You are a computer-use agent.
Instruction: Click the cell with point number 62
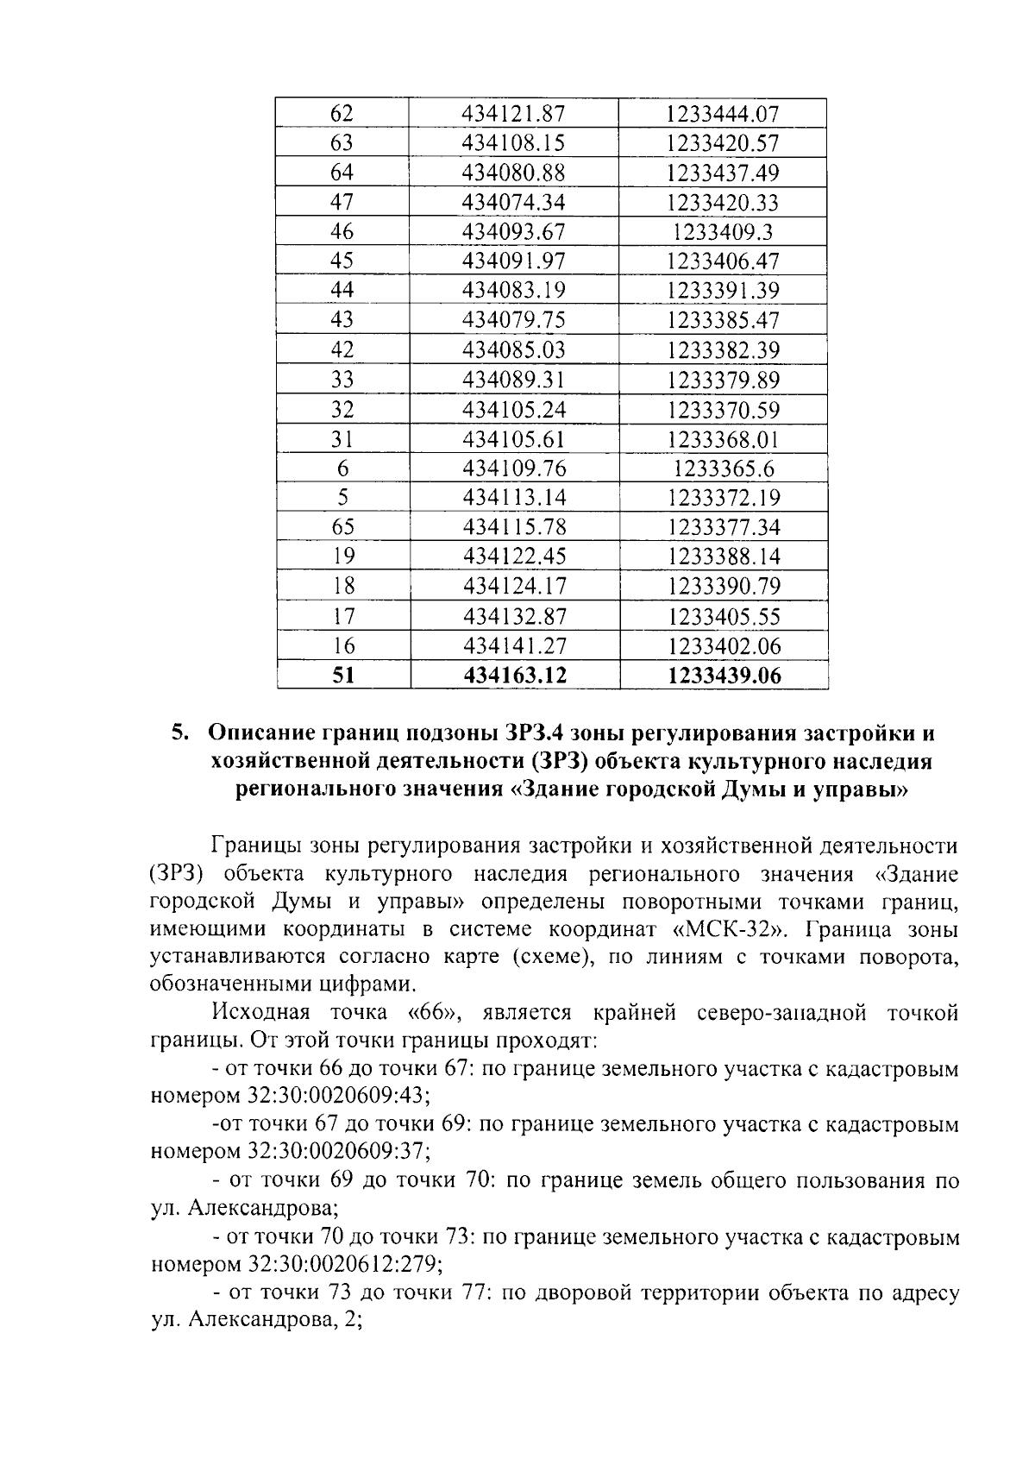(x=342, y=113)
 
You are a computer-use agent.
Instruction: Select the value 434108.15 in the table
(x=513, y=142)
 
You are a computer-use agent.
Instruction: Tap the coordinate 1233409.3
(x=723, y=231)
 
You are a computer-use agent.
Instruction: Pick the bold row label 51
(x=343, y=676)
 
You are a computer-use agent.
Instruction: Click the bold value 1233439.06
(x=724, y=676)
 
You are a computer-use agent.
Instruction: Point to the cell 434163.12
(x=515, y=676)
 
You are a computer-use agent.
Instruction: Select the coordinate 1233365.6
(x=724, y=469)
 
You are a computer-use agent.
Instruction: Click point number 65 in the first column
(x=342, y=527)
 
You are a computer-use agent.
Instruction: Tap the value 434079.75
(x=513, y=320)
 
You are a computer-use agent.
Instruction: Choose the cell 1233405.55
(x=724, y=616)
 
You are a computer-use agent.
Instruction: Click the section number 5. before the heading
(x=179, y=734)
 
